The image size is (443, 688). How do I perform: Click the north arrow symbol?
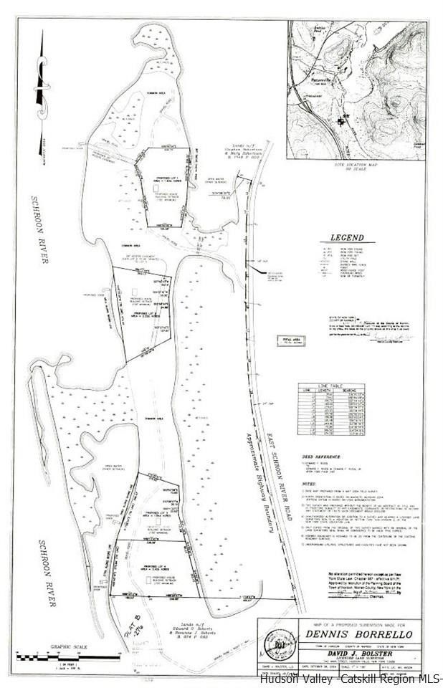42,79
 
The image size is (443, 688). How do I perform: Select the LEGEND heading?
348,239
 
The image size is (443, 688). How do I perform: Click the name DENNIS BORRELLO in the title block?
340,633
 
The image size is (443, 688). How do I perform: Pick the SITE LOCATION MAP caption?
356,166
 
